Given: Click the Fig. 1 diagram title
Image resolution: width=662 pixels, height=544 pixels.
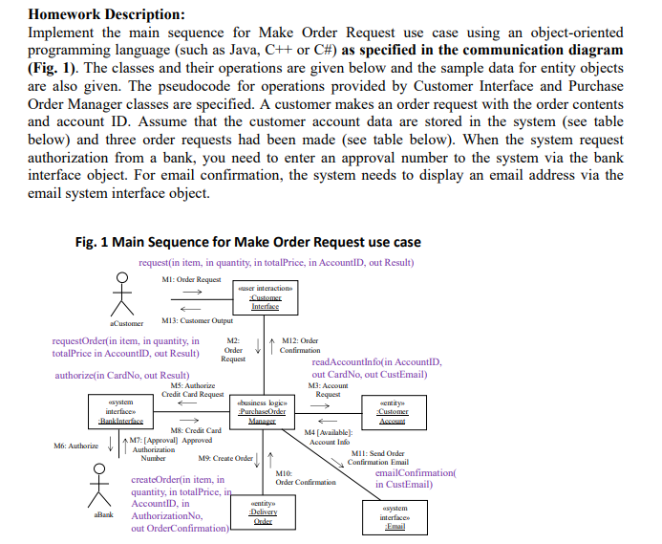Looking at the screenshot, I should pyautogui.click(x=247, y=241).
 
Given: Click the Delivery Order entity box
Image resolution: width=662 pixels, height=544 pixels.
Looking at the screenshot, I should pyautogui.click(x=263, y=510).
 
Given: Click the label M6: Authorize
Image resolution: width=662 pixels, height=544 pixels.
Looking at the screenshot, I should pyautogui.click(x=76, y=446).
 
